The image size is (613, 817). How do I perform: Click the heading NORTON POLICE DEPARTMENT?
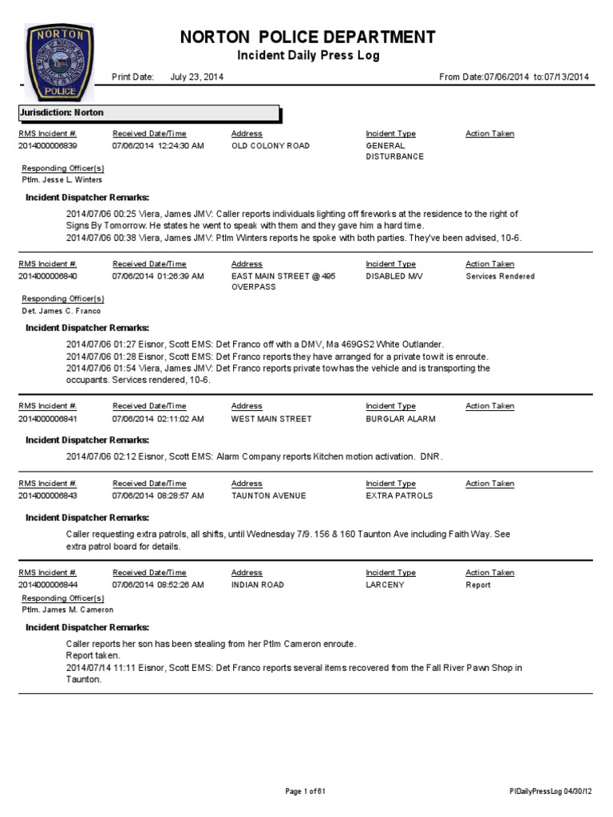click(308, 37)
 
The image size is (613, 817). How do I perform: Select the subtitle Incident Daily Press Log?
click(307, 56)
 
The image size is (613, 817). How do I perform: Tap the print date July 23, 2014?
click(197, 77)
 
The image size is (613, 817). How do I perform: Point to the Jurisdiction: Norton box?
click(150, 113)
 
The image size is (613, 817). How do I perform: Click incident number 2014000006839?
click(47, 146)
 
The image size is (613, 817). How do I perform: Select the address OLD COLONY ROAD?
click(270, 146)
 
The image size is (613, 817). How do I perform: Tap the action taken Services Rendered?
click(500, 276)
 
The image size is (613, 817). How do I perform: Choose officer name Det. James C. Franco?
click(61, 310)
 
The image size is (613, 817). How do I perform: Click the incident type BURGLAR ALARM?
click(400, 418)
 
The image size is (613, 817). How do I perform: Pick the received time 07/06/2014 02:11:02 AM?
click(158, 418)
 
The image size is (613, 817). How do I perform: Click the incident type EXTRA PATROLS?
click(399, 495)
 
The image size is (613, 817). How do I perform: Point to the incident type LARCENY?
click(385, 585)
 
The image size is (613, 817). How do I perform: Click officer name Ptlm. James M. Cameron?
click(67, 610)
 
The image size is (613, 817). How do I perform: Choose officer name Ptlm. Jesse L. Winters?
click(61, 180)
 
